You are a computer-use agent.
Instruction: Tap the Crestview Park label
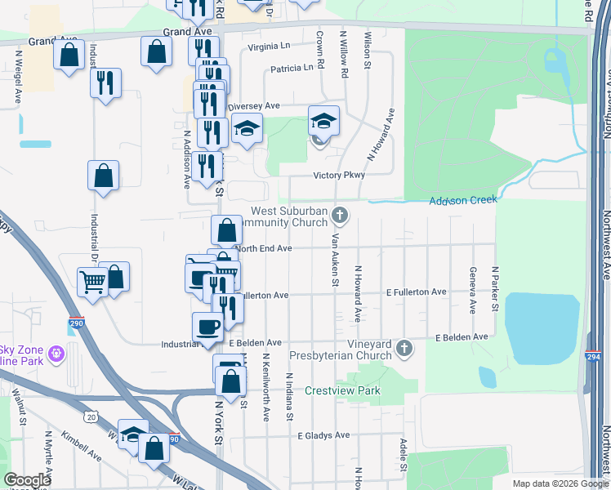click(x=343, y=391)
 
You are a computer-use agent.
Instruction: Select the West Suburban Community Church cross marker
click(x=341, y=216)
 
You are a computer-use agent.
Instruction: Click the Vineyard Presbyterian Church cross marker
click(x=403, y=350)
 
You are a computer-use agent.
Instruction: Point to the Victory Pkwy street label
click(x=339, y=176)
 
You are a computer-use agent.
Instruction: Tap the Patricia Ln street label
click(x=292, y=68)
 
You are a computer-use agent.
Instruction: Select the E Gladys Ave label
click(x=323, y=435)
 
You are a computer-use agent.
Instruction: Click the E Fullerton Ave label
click(x=417, y=292)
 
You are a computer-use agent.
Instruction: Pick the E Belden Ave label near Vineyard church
click(x=462, y=336)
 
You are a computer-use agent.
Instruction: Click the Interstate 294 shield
click(x=592, y=333)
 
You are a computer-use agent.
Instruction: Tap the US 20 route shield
click(x=90, y=416)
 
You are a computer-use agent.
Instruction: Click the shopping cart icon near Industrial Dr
click(x=91, y=282)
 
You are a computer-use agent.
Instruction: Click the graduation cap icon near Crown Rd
click(x=323, y=121)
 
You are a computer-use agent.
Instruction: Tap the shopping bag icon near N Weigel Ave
click(x=69, y=56)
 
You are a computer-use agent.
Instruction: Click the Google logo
click(x=28, y=480)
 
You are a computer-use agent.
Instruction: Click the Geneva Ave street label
click(x=472, y=291)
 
